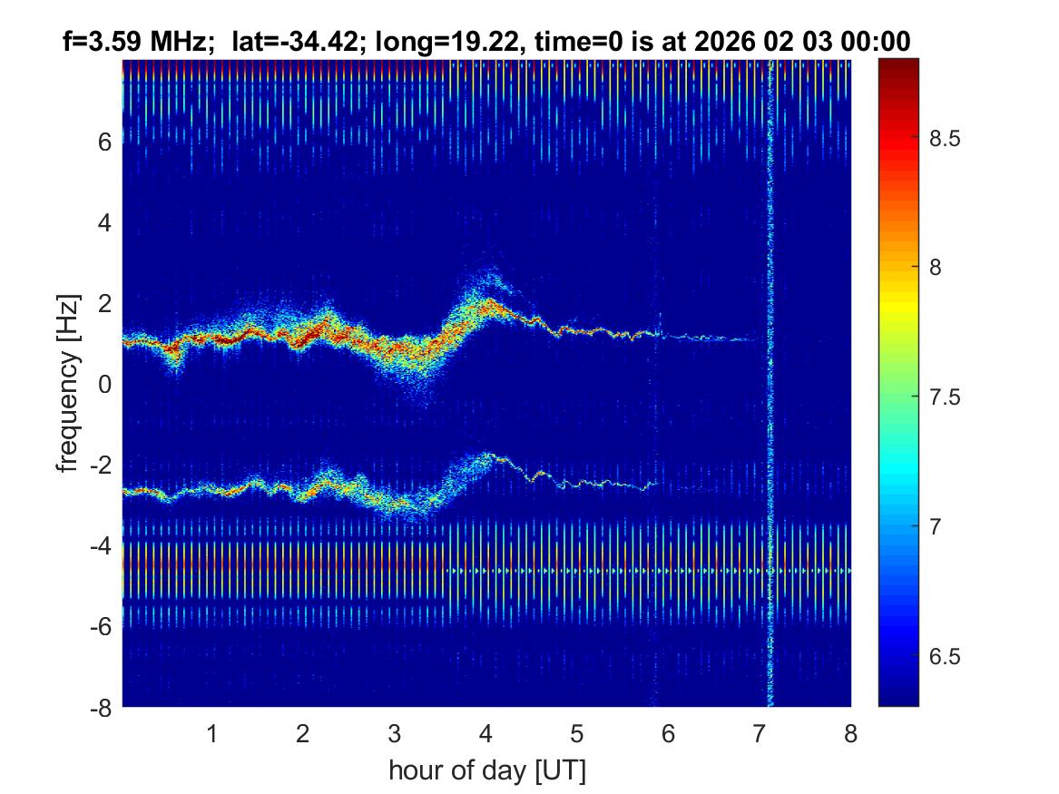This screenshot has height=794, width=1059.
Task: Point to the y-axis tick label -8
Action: (x=101, y=708)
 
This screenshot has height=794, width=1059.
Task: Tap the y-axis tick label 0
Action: (x=105, y=385)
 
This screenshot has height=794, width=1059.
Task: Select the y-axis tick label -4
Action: (x=101, y=546)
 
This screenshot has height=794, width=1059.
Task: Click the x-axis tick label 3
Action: (x=395, y=733)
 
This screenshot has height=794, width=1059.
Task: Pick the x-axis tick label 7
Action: (x=760, y=733)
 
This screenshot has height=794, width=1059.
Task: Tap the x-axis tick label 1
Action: (x=212, y=733)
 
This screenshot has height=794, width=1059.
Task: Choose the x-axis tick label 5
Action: (x=577, y=733)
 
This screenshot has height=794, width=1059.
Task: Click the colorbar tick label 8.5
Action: (x=946, y=139)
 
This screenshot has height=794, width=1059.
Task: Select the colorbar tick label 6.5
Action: (x=946, y=656)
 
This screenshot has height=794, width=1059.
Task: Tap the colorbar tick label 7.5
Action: (x=946, y=397)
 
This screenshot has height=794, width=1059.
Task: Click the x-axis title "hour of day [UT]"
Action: (x=486, y=771)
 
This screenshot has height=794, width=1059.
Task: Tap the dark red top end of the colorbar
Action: (x=898, y=64)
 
